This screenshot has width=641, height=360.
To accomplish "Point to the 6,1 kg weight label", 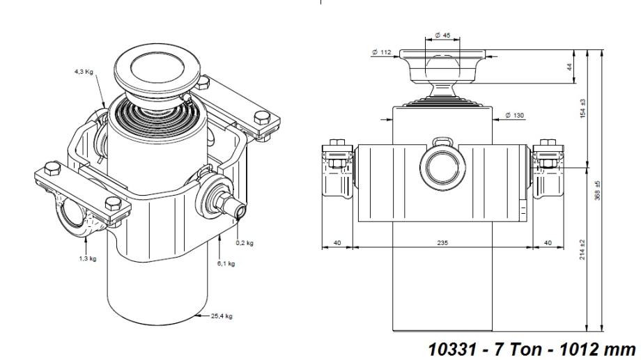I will [227, 263].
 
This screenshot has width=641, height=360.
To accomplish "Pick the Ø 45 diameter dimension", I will [442, 36].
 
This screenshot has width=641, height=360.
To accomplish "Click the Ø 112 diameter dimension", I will [381, 52].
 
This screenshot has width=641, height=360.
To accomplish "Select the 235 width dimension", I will [442, 243].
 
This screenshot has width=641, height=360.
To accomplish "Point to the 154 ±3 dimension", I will [583, 108].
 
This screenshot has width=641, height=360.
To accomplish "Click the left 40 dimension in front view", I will [337, 243].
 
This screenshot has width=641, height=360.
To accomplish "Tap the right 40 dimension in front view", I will [547, 243].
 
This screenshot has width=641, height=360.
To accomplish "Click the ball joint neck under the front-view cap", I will [442, 91].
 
